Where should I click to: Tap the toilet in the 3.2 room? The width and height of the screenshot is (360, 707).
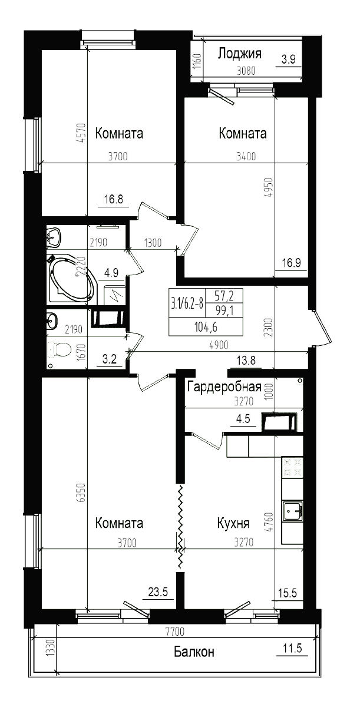(58, 350)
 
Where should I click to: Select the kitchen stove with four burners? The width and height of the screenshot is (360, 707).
(292, 468)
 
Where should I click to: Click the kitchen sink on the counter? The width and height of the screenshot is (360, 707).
(292, 511)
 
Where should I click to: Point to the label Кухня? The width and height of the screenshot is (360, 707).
(233, 523)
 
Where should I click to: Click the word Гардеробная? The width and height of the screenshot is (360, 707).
(224, 386)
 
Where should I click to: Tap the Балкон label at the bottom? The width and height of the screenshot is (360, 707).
(194, 652)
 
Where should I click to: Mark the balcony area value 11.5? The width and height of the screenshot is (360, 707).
(292, 649)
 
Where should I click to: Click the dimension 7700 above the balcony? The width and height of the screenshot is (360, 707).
(174, 632)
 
